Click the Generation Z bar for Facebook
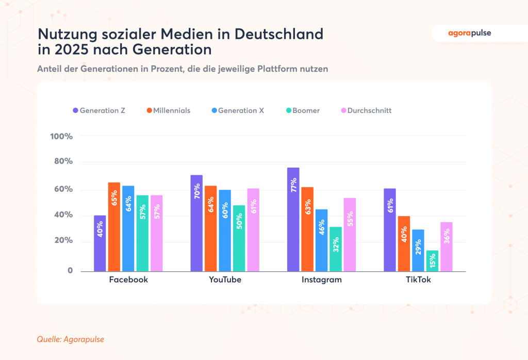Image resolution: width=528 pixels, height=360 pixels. pos(100,243)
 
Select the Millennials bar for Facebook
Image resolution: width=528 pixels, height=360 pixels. pos(114,227)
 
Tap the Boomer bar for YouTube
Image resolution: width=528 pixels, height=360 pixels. pos(239,238)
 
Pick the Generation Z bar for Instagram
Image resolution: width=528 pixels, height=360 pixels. pos(293,219)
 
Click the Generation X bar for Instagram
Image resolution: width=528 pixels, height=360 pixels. pos(322,240)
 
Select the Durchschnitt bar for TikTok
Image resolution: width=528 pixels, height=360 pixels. pos(447,247)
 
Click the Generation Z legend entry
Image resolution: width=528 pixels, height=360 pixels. pos(100,110)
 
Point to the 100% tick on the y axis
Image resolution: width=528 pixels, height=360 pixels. pos(61,136)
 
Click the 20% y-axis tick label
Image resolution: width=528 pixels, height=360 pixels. pos(63,241)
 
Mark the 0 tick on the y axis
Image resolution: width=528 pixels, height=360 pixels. pos(70,271)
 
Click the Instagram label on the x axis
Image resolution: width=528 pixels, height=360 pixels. pos(321,280)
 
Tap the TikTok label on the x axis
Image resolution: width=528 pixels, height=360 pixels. pos(418,280)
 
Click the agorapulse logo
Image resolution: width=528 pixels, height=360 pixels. pos(469,34)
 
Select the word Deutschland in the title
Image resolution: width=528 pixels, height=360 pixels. pos(279,35)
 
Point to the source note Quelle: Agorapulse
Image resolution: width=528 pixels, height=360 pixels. pos(67,339)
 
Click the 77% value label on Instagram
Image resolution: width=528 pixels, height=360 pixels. pos(293,185)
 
